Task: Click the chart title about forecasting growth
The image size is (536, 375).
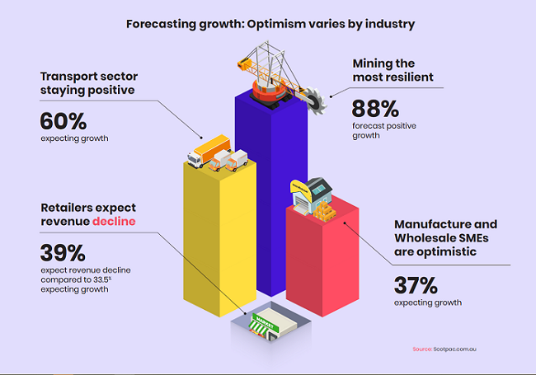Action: (270, 24)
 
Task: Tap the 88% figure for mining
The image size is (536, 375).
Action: (375, 109)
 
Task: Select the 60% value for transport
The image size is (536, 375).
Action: (63, 121)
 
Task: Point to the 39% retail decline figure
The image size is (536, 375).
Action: (63, 252)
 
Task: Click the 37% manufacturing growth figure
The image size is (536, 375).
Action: (417, 285)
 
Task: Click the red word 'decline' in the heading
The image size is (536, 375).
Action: (114, 222)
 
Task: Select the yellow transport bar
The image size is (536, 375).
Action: (219, 239)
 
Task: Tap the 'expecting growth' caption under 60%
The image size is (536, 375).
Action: (73, 138)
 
